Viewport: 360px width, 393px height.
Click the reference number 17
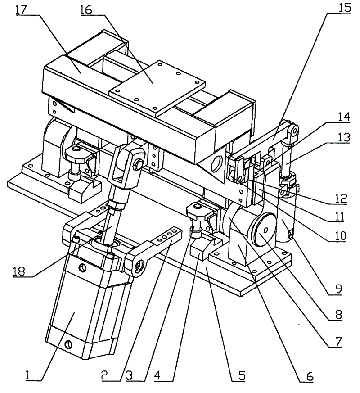[x=21, y=10]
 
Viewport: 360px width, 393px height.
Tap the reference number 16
[x=86, y=10]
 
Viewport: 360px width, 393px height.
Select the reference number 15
[x=345, y=8]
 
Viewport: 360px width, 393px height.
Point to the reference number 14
[x=344, y=117]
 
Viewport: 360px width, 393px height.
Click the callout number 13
[x=344, y=137]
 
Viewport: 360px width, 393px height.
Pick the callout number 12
[x=341, y=199]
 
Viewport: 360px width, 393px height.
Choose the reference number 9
[x=339, y=289]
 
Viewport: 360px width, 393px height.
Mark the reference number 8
[x=338, y=315]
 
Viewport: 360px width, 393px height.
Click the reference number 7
[x=338, y=342]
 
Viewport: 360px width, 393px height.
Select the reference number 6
[x=310, y=376]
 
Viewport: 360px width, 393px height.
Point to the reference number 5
[x=242, y=376]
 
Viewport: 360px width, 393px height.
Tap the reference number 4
[x=157, y=376]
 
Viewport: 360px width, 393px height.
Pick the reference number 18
[x=19, y=271]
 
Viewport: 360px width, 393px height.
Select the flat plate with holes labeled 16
[x=157, y=88]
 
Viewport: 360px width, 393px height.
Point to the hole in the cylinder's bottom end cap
[x=68, y=345]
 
